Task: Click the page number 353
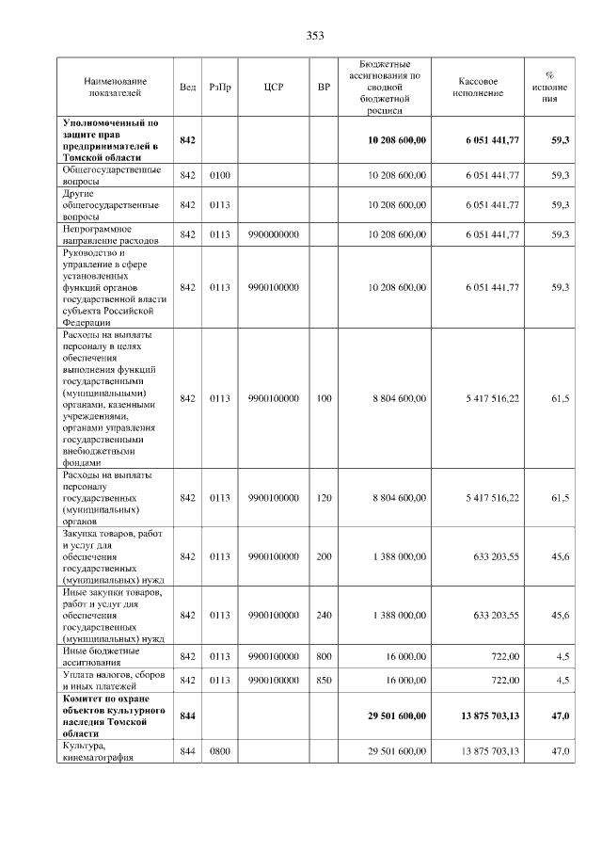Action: (x=315, y=36)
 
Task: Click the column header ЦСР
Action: (x=274, y=88)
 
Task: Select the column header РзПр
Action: (x=220, y=88)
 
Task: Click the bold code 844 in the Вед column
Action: (x=187, y=715)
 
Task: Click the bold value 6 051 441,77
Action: (x=492, y=139)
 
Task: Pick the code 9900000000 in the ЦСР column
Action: (x=274, y=233)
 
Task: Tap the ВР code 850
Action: (x=324, y=679)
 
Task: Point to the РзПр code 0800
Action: (x=220, y=750)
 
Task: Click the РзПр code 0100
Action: (x=220, y=175)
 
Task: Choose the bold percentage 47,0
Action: (x=560, y=715)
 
